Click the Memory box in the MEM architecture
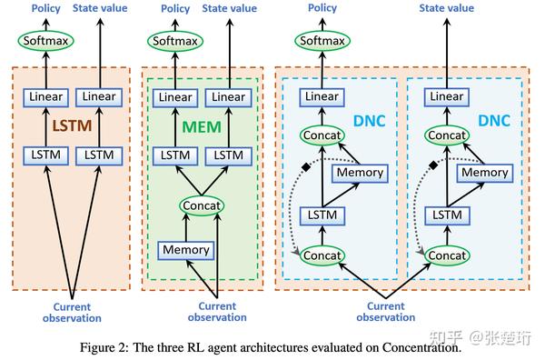pyautogui.click(x=185, y=249)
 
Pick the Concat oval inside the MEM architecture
pyautogui.click(x=201, y=205)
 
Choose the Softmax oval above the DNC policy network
pyautogui.click(x=322, y=41)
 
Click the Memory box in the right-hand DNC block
pyautogui.click(x=460, y=172)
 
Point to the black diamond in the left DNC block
pyautogui.click(x=307, y=165)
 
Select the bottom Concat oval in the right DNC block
pyautogui.click(x=447, y=255)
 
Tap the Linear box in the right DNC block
pyautogui.click(x=447, y=96)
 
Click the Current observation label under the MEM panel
pyautogui.click(x=216, y=312)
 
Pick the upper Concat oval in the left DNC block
pyautogui.click(x=322, y=135)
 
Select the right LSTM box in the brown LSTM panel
pyautogui.click(x=99, y=155)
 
